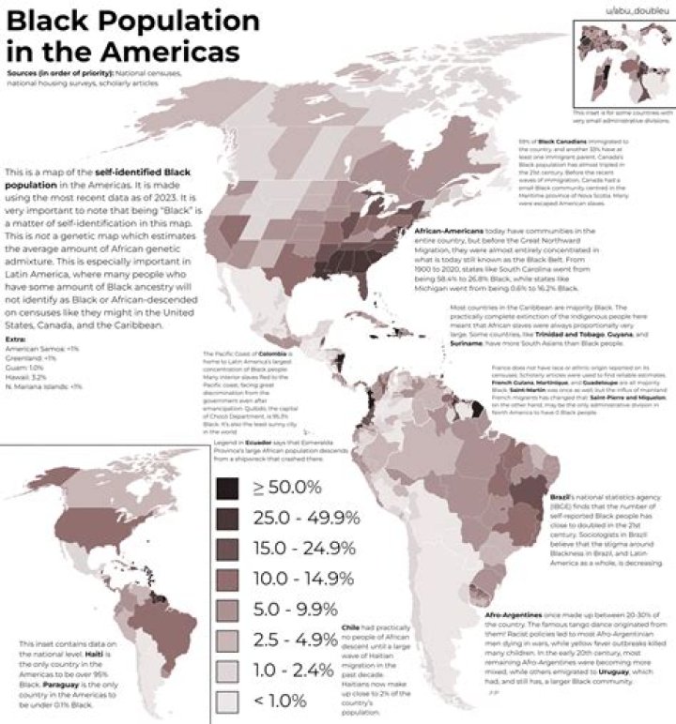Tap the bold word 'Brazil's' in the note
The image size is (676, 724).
[562, 494]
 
